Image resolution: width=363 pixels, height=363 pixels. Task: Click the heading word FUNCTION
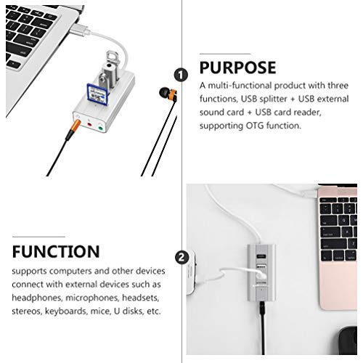pos(56,252)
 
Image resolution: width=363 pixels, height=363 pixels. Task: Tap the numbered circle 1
pos(179,73)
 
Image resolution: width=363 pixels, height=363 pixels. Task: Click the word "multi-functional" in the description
pos(234,86)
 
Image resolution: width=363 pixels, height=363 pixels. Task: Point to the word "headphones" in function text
pos(38,298)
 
